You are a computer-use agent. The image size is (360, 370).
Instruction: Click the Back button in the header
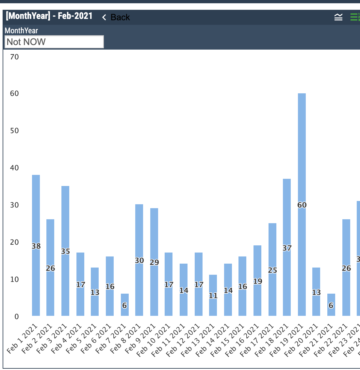116,17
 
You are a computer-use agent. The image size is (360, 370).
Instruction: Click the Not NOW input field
54,42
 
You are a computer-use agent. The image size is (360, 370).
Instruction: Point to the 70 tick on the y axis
14,57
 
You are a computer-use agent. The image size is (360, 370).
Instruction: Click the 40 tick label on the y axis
14,168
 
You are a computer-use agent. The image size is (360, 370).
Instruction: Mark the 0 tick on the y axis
16,316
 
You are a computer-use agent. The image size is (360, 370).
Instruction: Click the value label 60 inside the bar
302,205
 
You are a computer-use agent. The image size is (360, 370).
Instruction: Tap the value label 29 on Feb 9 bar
154,262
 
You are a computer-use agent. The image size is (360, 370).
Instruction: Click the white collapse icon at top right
338,17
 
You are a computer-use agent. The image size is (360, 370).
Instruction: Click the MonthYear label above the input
21,31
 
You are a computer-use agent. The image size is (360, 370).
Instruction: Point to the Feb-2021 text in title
75,16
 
